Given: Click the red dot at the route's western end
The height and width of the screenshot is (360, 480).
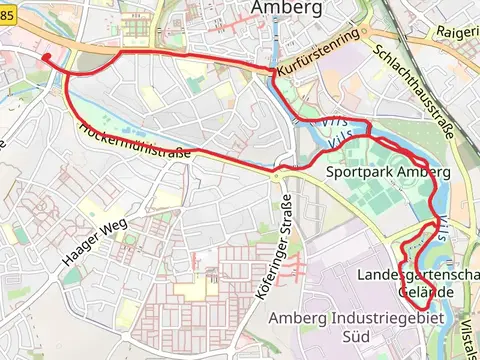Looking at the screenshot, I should (46, 58).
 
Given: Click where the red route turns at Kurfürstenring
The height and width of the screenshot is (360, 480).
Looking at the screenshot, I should (273, 71).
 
